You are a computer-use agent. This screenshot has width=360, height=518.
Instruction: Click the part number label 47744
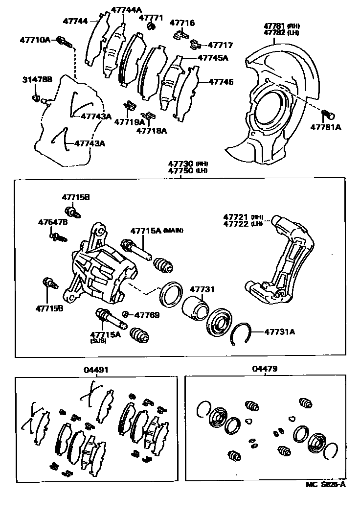point(75,21)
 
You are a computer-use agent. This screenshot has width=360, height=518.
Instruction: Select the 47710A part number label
point(35,39)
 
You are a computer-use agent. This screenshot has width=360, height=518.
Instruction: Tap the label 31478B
point(37,79)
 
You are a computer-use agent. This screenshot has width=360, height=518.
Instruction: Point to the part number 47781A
point(326,127)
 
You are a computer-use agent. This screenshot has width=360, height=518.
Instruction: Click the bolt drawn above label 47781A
point(328,115)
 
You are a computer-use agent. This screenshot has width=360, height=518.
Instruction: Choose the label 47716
point(182,23)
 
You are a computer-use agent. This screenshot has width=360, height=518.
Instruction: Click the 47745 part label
point(221,82)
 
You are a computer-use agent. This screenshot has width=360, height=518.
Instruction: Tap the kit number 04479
point(264,370)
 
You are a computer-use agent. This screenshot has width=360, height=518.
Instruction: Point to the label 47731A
point(279,331)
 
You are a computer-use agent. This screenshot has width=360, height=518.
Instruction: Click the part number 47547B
point(53,222)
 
